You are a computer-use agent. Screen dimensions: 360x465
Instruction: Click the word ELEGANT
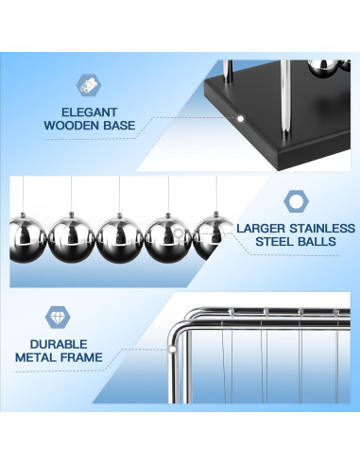[89, 112]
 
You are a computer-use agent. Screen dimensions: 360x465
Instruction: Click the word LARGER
[261, 228]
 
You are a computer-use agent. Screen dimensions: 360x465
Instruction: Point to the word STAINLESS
[322, 228]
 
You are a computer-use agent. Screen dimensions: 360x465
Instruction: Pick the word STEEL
[275, 242]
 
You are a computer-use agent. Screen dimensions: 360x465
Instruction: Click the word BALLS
[317, 242]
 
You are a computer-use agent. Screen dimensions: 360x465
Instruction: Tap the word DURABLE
[59, 344]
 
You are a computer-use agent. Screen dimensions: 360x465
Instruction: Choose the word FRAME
[81, 357]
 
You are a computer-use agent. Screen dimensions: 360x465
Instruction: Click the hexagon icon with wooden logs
[88, 85]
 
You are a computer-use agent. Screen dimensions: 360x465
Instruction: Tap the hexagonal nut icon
[296, 201]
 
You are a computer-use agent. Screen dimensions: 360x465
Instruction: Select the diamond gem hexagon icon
[58, 318]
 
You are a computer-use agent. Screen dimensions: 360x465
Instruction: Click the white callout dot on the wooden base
[240, 119]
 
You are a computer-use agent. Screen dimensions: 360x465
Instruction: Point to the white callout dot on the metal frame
[172, 349]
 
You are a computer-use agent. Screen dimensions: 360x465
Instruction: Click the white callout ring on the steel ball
[179, 233]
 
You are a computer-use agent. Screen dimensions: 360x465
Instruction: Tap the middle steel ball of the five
[120, 238]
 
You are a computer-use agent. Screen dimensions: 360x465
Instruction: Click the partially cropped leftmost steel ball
[27, 238]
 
